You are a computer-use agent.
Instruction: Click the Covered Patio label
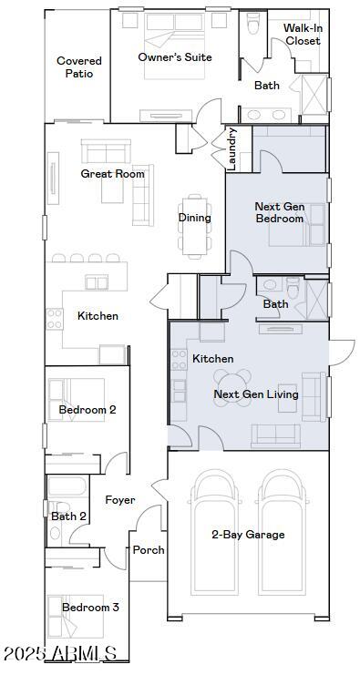(x=79, y=67)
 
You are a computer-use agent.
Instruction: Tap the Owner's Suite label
(x=175, y=57)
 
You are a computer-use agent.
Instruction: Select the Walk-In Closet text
(x=303, y=35)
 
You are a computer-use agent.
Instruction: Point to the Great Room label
(x=112, y=173)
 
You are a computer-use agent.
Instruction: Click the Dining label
(x=194, y=218)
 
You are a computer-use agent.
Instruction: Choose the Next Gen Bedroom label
(x=279, y=213)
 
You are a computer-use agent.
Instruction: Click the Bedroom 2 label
(x=87, y=410)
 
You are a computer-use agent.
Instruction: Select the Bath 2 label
(x=68, y=516)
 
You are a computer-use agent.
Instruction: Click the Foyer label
(x=120, y=500)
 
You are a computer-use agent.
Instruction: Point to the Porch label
(x=149, y=550)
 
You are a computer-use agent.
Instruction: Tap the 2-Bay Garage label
(x=248, y=535)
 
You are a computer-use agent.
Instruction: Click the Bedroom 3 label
(x=90, y=608)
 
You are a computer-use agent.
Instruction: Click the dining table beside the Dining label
(x=195, y=226)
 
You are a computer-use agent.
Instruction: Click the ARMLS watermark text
(x=60, y=654)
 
